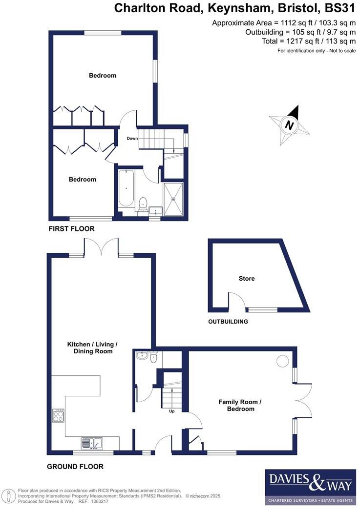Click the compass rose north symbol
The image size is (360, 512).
tap(290, 125)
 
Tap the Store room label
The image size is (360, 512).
tap(246, 279)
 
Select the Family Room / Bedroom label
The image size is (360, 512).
tap(240, 405)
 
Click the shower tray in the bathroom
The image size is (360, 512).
tap(173, 199)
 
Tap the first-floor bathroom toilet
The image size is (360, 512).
tap(143, 204)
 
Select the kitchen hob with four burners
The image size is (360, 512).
tap(59, 415)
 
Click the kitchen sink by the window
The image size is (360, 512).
tap(91, 443)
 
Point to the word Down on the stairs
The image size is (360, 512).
tap(132, 139)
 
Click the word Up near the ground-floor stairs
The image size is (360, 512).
tap(171, 411)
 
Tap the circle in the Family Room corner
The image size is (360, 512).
tap(282, 361)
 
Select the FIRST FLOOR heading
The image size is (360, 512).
tap(71, 228)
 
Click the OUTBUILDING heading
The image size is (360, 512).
tap(228, 322)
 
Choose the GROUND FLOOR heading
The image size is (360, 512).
tap(75, 467)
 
